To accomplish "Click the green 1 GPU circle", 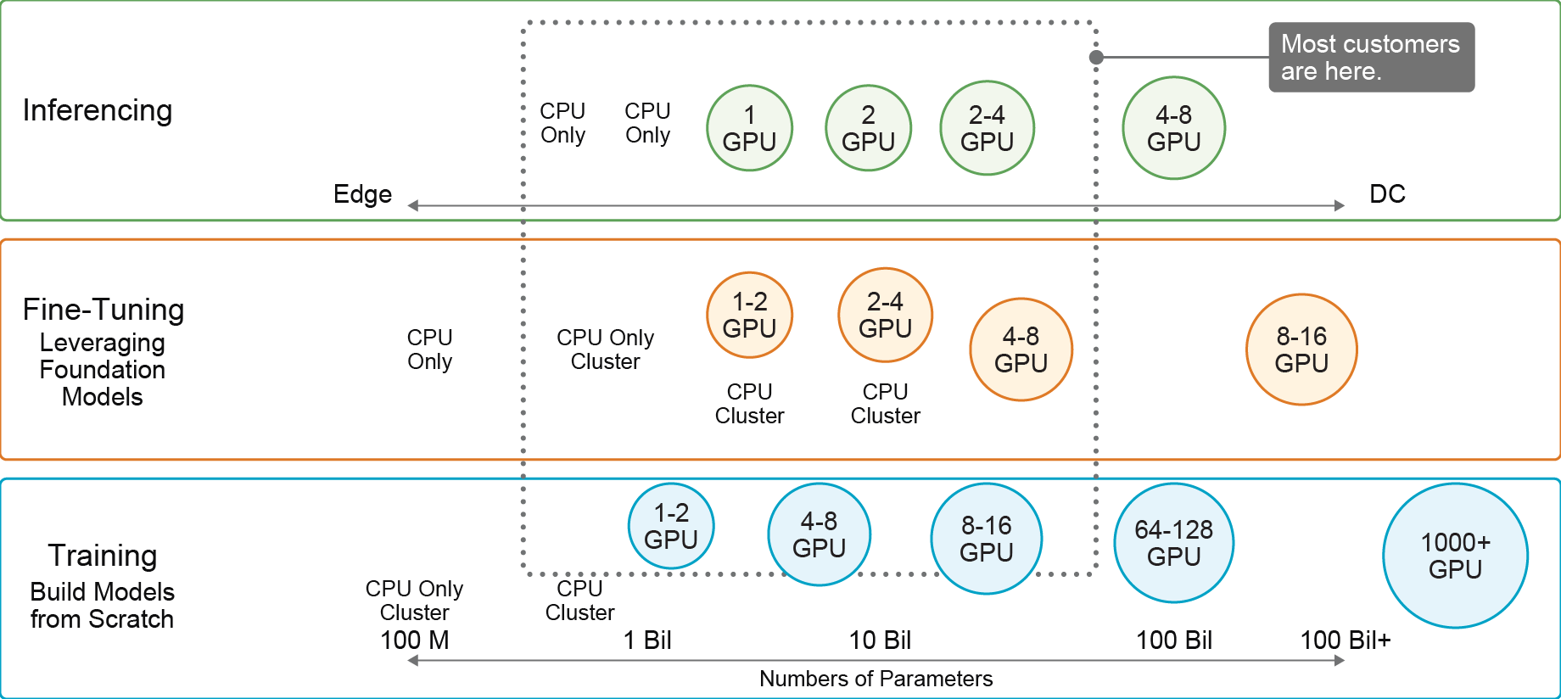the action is tap(749, 128).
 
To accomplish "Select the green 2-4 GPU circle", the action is tap(987, 128).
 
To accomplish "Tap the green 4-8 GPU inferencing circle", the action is tap(1173, 128).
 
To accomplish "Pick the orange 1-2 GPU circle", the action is tap(749, 315).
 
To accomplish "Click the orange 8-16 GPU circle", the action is tap(1301, 349).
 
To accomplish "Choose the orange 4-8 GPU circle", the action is tap(1021, 349).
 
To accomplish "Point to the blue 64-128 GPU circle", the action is tap(1173, 543).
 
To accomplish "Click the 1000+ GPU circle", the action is tap(1455, 556).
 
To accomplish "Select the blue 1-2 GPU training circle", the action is tap(671, 526).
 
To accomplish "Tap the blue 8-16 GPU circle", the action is tap(987, 539).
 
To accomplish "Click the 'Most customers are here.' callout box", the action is tap(1372, 57).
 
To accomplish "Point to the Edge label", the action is tap(362, 194).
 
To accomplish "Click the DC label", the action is tap(1387, 194).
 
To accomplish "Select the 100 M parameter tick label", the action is tap(414, 640).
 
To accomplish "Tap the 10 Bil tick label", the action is tap(880, 640).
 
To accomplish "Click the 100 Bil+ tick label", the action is tap(1346, 640).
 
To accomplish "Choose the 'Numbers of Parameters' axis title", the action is tap(876, 679).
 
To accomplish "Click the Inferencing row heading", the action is tap(98, 110).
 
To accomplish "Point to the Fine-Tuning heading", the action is tap(104, 310).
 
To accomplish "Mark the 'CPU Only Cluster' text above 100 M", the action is tap(414, 601).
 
